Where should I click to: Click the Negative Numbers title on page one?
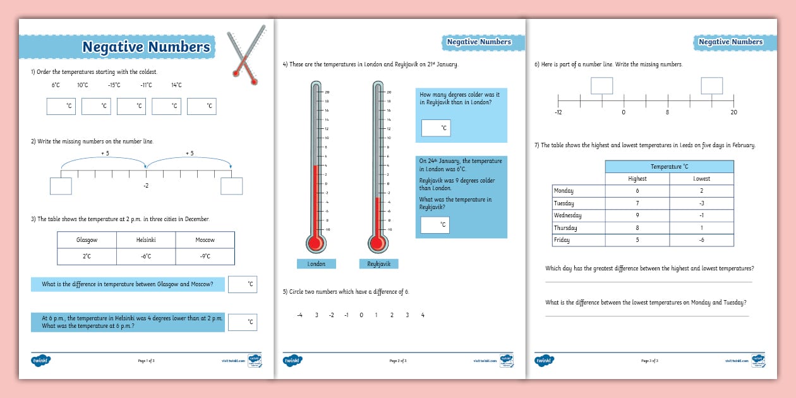point(146,47)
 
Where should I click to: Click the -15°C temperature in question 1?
point(114,85)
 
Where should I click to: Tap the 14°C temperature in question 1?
point(176,85)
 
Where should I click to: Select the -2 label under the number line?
point(146,186)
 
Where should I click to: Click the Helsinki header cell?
point(146,240)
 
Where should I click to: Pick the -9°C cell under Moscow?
point(205,256)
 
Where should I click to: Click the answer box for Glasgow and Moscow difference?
point(243,284)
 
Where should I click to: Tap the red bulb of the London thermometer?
point(315,243)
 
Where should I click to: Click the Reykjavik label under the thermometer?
point(379,264)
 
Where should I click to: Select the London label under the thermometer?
point(317,264)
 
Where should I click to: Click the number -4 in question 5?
point(299,315)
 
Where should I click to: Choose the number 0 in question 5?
point(361,315)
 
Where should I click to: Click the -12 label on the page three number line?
point(558,112)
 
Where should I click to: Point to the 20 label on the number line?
point(733,112)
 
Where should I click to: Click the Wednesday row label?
point(564,215)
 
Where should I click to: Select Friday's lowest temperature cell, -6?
point(701,240)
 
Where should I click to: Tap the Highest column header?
point(637,179)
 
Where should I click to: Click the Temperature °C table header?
point(670,166)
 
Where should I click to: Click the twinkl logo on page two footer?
point(292,360)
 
